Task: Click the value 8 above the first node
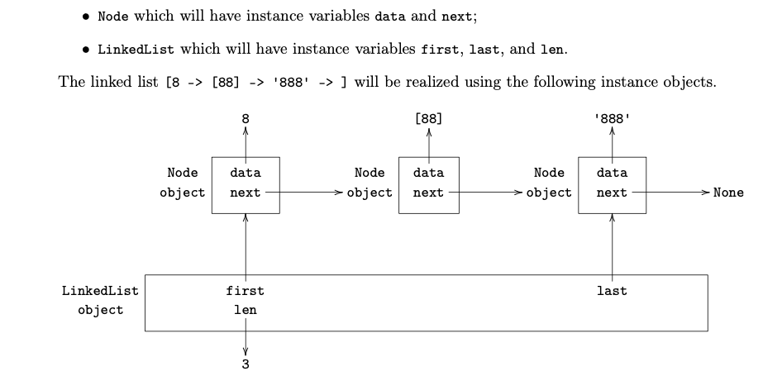tap(245, 119)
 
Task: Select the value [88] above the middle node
tap(428, 119)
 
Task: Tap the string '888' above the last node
tap(612, 119)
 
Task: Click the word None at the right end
tap(727, 193)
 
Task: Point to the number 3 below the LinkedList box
tap(245, 364)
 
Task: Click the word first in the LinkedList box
tap(245, 291)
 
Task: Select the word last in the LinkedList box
tap(612, 291)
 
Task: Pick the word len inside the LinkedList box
tap(245, 310)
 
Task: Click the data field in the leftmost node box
tap(245, 173)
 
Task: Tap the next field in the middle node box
tap(428, 193)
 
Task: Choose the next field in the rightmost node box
tap(612, 193)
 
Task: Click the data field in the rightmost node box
tap(612, 173)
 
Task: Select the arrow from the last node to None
tap(670, 193)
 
